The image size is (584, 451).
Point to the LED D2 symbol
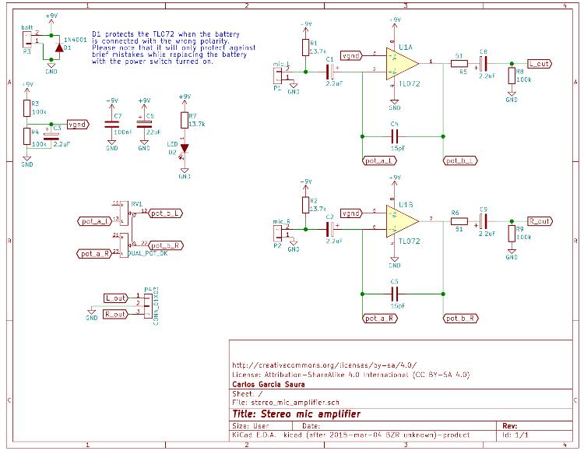[x=185, y=150]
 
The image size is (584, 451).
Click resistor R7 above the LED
[x=185, y=121]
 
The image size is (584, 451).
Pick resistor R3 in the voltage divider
[x=27, y=107]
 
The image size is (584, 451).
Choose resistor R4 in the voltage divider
[x=27, y=138]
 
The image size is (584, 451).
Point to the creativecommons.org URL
[x=324, y=364]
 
